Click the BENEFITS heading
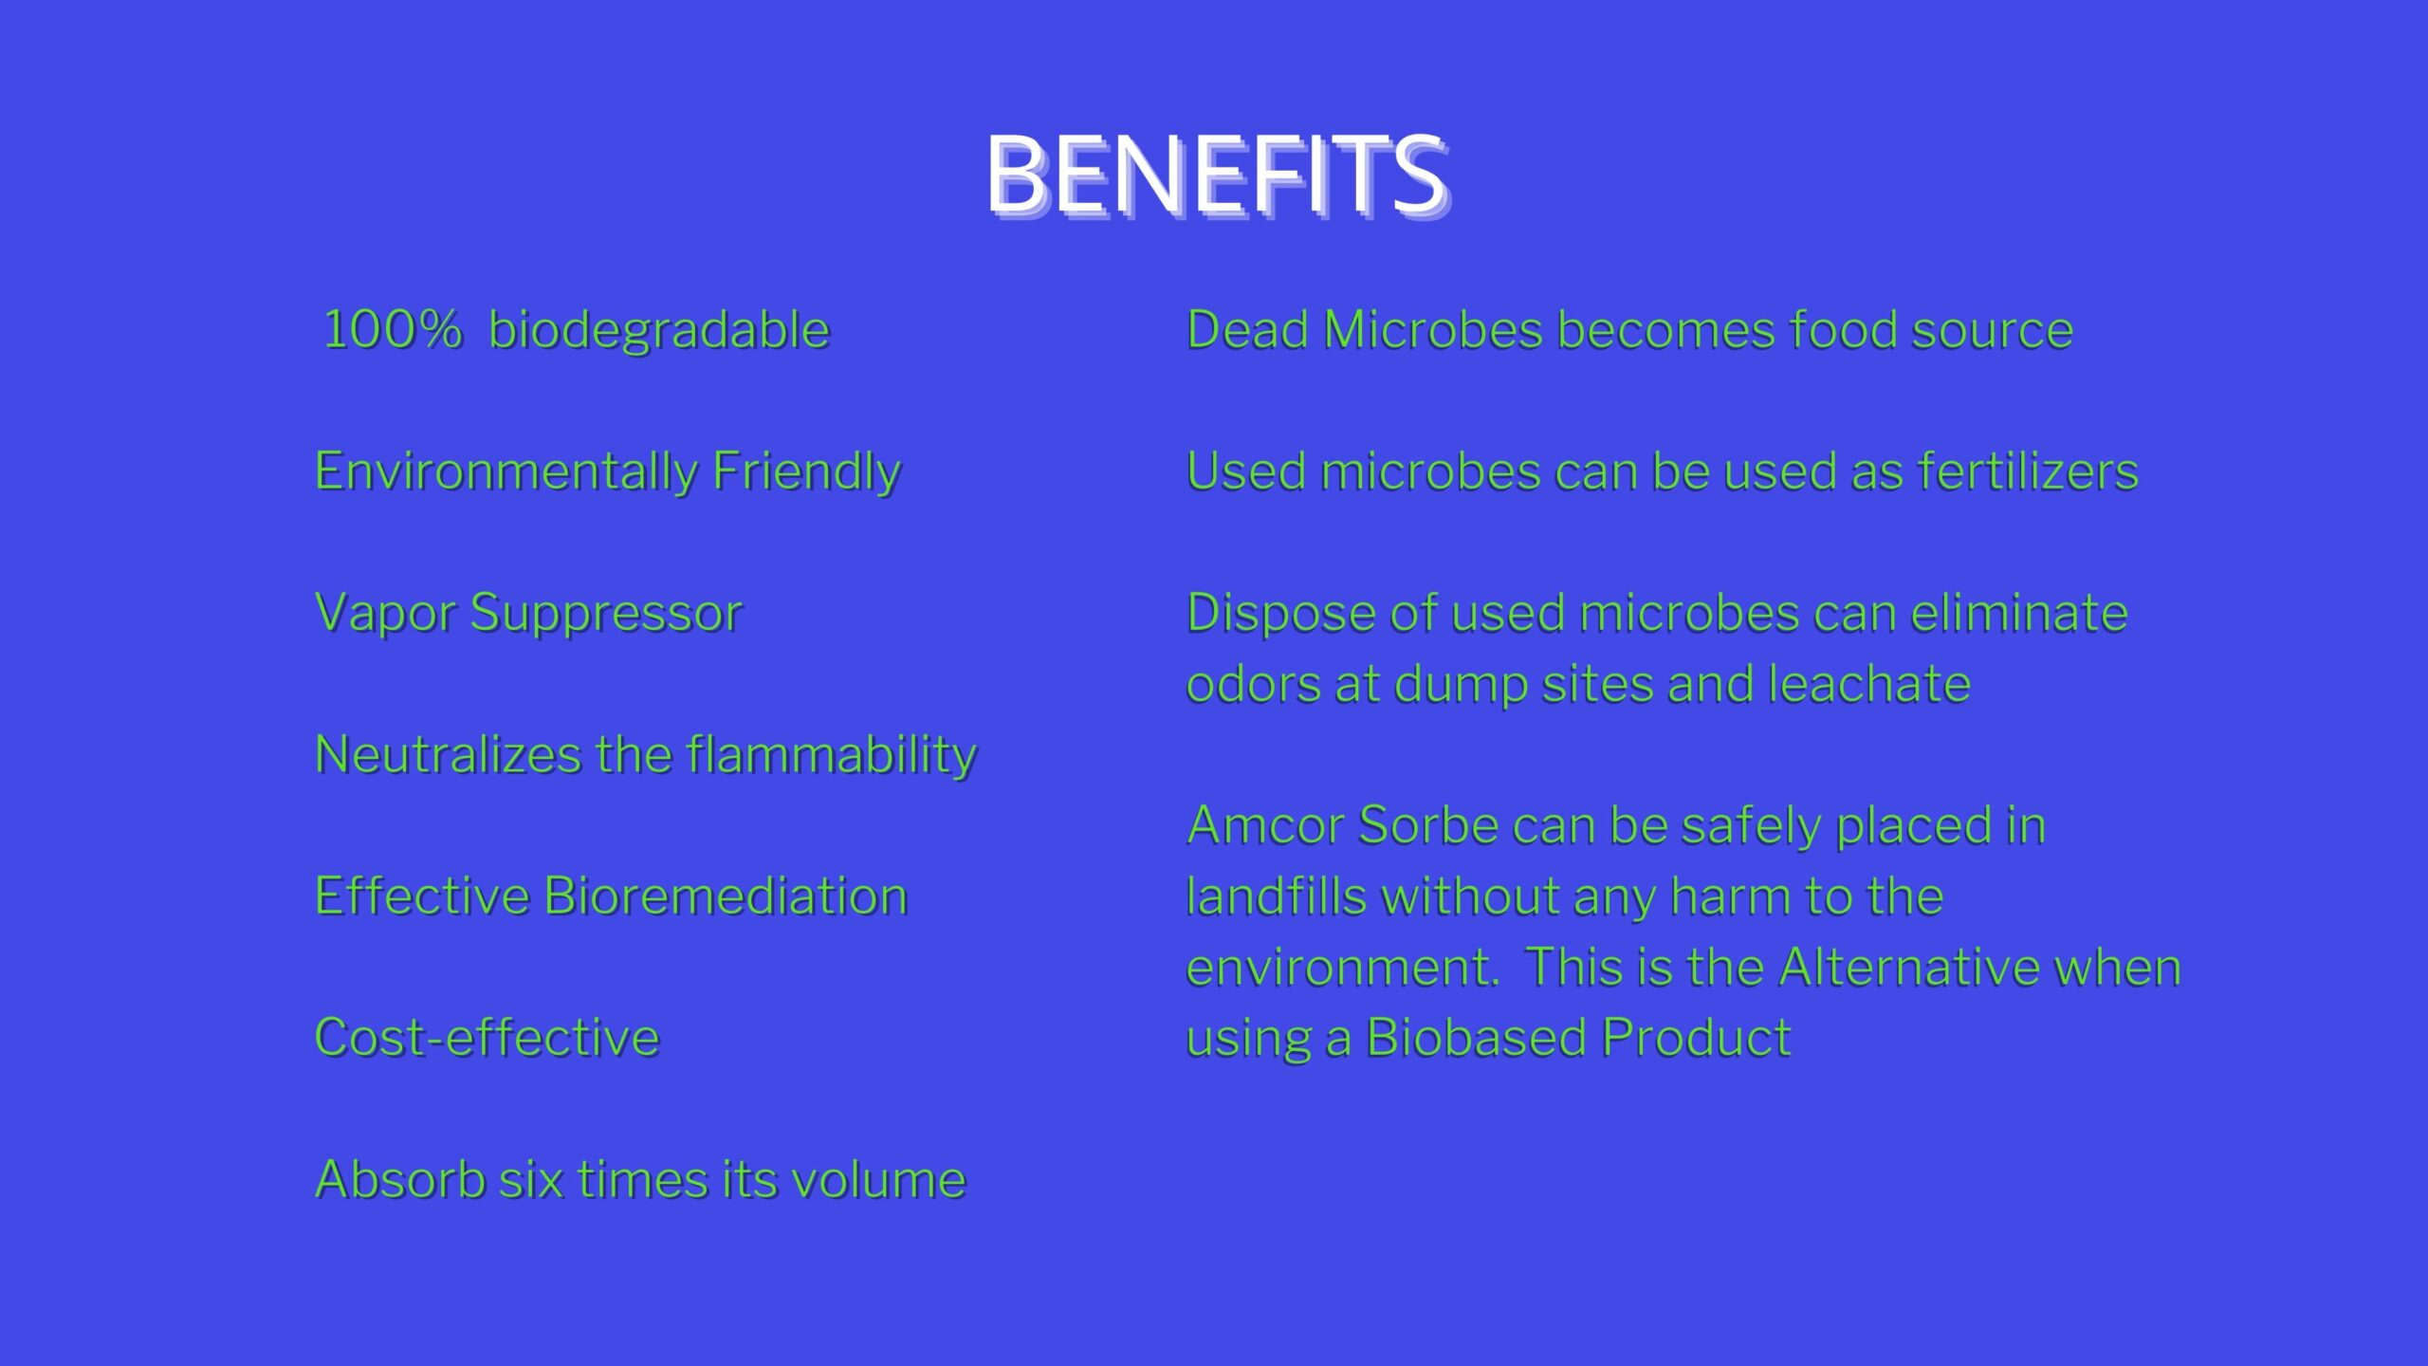[x=1218, y=175]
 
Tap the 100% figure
[x=393, y=330]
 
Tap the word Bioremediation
[x=726, y=896]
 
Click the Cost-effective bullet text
[x=487, y=1038]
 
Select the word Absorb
[x=399, y=1179]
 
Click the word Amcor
[x=1265, y=824]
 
